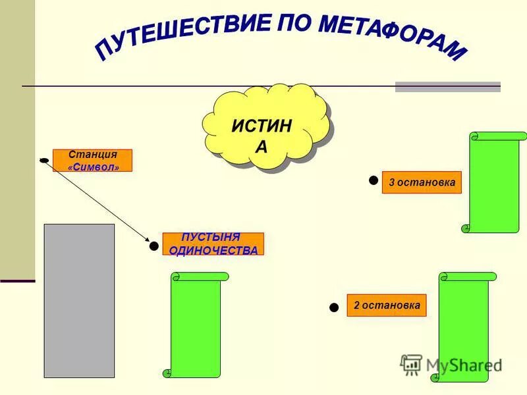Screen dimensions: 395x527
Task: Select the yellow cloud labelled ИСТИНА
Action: (263, 128)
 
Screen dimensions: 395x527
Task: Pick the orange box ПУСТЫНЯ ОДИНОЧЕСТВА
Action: (213, 244)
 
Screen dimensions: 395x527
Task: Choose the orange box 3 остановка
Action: (422, 182)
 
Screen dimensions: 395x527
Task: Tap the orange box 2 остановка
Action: (387, 305)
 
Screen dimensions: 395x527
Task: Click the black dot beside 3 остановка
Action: (374, 180)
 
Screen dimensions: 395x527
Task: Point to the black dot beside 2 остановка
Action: (334, 307)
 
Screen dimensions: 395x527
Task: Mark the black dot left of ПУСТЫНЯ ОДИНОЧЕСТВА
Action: (154, 246)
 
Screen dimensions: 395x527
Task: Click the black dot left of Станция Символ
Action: (44, 160)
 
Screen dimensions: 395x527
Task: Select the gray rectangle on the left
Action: (79, 300)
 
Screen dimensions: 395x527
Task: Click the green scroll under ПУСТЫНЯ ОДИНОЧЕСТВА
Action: (196, 325)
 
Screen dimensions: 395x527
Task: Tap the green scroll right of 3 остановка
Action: (495, 182)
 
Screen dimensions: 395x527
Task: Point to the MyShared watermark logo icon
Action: (412, 364)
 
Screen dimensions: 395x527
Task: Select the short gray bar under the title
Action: (447, 86)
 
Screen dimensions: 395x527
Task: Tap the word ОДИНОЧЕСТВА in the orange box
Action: (213, 250)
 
